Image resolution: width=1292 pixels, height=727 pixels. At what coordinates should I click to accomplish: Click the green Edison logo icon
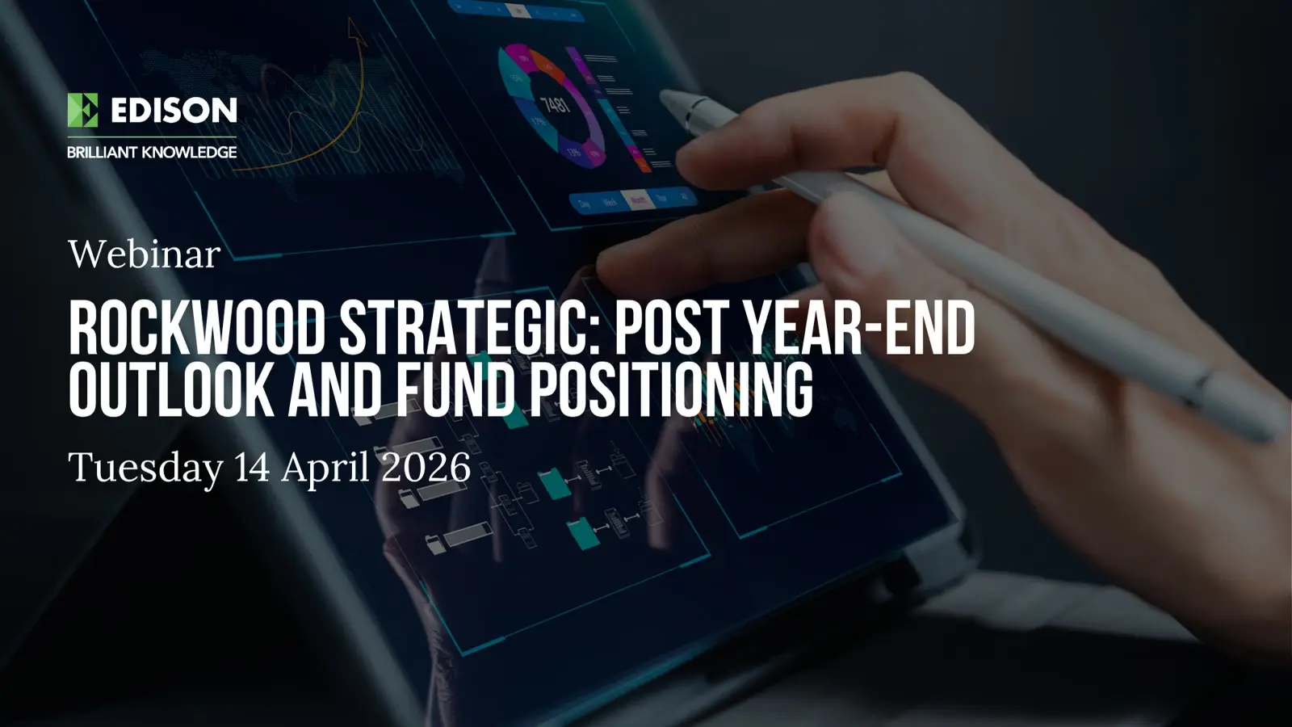(x=82, y=110)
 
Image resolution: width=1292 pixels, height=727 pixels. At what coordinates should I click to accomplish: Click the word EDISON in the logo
(x=174, y=110)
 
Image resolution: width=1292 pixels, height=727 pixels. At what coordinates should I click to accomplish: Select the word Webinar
(x=144, y=254)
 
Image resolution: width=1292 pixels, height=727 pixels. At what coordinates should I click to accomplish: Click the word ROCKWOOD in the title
(x=196, y=329)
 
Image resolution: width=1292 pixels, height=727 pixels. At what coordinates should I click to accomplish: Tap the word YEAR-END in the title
(x=858, y=329)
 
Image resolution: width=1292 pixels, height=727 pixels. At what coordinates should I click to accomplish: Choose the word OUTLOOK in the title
(x=170, y=390)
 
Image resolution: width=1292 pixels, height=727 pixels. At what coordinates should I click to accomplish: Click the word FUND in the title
(x=455, y=390)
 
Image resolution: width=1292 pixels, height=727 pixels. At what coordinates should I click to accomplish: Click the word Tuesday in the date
(x=145, y=468)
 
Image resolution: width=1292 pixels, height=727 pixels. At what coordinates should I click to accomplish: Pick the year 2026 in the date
(x=426, y=468)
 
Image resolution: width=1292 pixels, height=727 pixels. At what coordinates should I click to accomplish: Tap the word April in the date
(x=325, y=468)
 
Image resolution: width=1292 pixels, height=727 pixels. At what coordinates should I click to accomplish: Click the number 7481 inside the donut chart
(x=556, y=104)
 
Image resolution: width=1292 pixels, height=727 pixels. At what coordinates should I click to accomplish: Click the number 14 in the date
(x=252, y=468)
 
